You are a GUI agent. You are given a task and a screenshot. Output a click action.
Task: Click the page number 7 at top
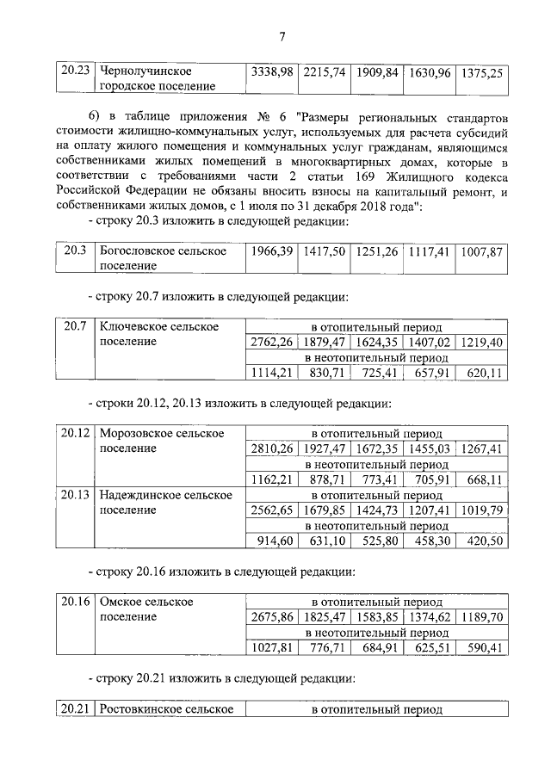[282, 35]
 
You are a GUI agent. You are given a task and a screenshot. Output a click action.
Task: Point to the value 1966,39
[271, 252]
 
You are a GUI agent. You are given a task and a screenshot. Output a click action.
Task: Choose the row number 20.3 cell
[75, 251]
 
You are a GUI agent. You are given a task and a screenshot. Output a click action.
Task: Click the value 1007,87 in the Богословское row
[482, 252]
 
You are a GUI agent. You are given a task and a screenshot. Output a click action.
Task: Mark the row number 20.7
[75, 327]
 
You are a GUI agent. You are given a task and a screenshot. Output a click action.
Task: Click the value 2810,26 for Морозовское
[271, 449]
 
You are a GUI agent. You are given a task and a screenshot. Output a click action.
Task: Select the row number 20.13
[75, 495]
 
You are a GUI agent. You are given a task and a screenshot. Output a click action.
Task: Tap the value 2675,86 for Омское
[271, 617]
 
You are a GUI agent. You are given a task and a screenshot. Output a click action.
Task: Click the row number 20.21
[75, 710]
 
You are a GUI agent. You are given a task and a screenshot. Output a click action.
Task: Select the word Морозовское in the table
[141, 433]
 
